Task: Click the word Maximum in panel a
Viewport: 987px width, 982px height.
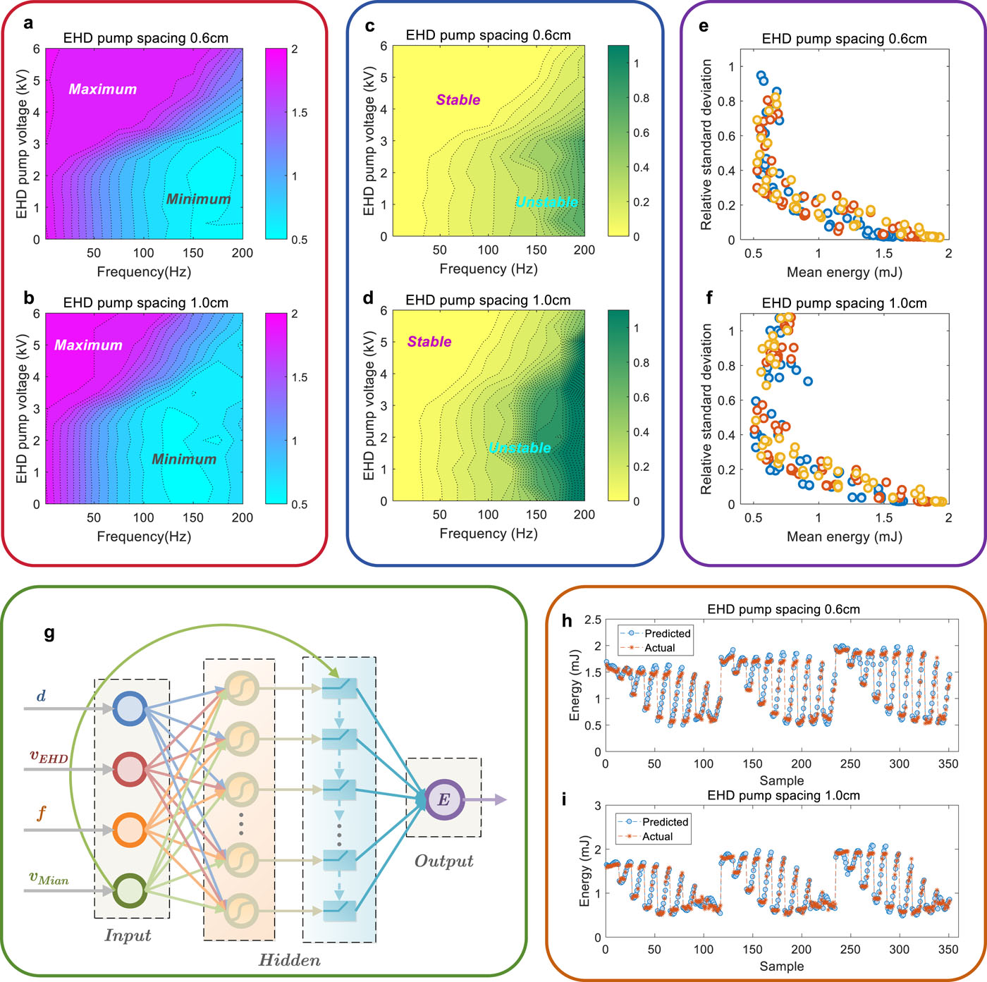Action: point(103,90)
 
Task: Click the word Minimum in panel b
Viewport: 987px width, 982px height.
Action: point(184,460)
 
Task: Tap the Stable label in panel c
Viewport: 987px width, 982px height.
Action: point(458,100)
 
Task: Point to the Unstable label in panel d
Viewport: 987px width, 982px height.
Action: point(520,448)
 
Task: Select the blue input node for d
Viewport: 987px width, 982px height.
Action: point(130,709)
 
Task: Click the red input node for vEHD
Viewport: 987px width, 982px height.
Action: point(130,769)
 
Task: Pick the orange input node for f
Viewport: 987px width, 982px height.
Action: point(130,830)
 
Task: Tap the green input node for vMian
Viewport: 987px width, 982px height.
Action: point(130,890)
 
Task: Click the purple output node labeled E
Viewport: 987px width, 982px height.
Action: point(443,800)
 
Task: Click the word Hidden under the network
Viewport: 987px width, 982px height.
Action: point(289,960)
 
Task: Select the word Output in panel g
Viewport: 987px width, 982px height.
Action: point(443,861)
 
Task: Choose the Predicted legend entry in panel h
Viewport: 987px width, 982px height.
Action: point(667,634)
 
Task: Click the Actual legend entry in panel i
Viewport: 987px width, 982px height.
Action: point(657,837)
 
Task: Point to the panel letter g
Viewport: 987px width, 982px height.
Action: point(49,632)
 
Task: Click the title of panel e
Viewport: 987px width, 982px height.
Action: point(844,39)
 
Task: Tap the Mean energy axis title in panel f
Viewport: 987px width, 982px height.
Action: point(844,536)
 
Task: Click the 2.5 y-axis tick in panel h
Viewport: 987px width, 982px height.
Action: point(593,620)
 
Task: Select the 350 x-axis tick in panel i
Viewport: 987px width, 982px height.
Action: point(949,950)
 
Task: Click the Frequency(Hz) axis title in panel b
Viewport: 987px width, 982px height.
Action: point(144,536)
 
